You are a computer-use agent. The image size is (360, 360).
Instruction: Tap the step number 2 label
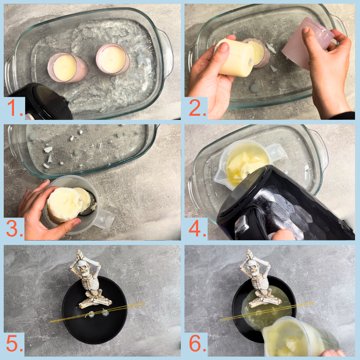tap(197, 108)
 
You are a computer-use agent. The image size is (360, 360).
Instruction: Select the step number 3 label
tap(14, 229)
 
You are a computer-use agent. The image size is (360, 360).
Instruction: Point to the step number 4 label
tap(197, 229)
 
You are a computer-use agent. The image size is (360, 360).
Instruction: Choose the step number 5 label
tap(14, 344)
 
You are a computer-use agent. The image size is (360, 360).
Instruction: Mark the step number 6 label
tap(197, 344)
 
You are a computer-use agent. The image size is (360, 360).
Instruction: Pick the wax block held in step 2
tap(235, 57)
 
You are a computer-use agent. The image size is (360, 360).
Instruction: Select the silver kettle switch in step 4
tap(241, 224)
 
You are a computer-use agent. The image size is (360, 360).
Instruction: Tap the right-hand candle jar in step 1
tap(113, 59)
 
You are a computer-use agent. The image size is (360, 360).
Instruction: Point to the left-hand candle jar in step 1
tap(67, 67)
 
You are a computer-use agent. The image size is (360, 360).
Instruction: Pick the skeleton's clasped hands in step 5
tap(79, 255)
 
